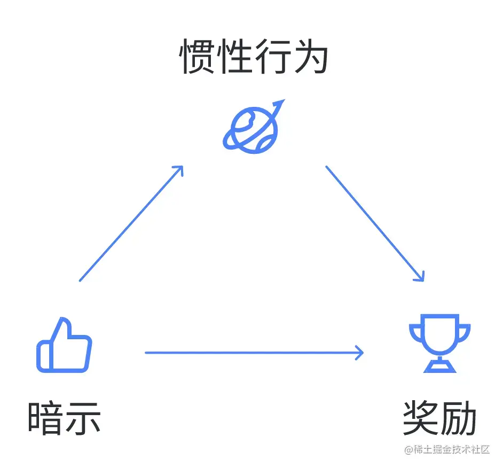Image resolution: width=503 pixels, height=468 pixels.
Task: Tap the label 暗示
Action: (x=64, y=418)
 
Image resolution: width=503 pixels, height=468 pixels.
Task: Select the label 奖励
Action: (x=439, y=418)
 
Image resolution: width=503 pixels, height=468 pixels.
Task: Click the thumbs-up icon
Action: (x=64, y=346)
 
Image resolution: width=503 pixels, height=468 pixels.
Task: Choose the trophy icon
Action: (x=440, y=342)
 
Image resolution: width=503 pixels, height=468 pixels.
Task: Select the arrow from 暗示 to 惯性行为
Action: (x=131, y=223)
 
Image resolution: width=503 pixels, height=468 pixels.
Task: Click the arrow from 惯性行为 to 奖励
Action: (x=375, y=223)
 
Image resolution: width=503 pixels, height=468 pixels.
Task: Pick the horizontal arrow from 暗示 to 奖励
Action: (x=254, y=353)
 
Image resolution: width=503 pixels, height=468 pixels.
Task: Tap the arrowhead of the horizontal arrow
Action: (x=360, y=353)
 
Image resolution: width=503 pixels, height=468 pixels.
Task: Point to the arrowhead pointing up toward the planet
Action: (x=179, y=170)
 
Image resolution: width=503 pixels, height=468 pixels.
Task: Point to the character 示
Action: (x=83, y=418)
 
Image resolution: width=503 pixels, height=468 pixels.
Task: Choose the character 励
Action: (x=459, y=418)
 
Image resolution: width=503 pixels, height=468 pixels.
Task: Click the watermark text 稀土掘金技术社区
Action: (x=451, y=450)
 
